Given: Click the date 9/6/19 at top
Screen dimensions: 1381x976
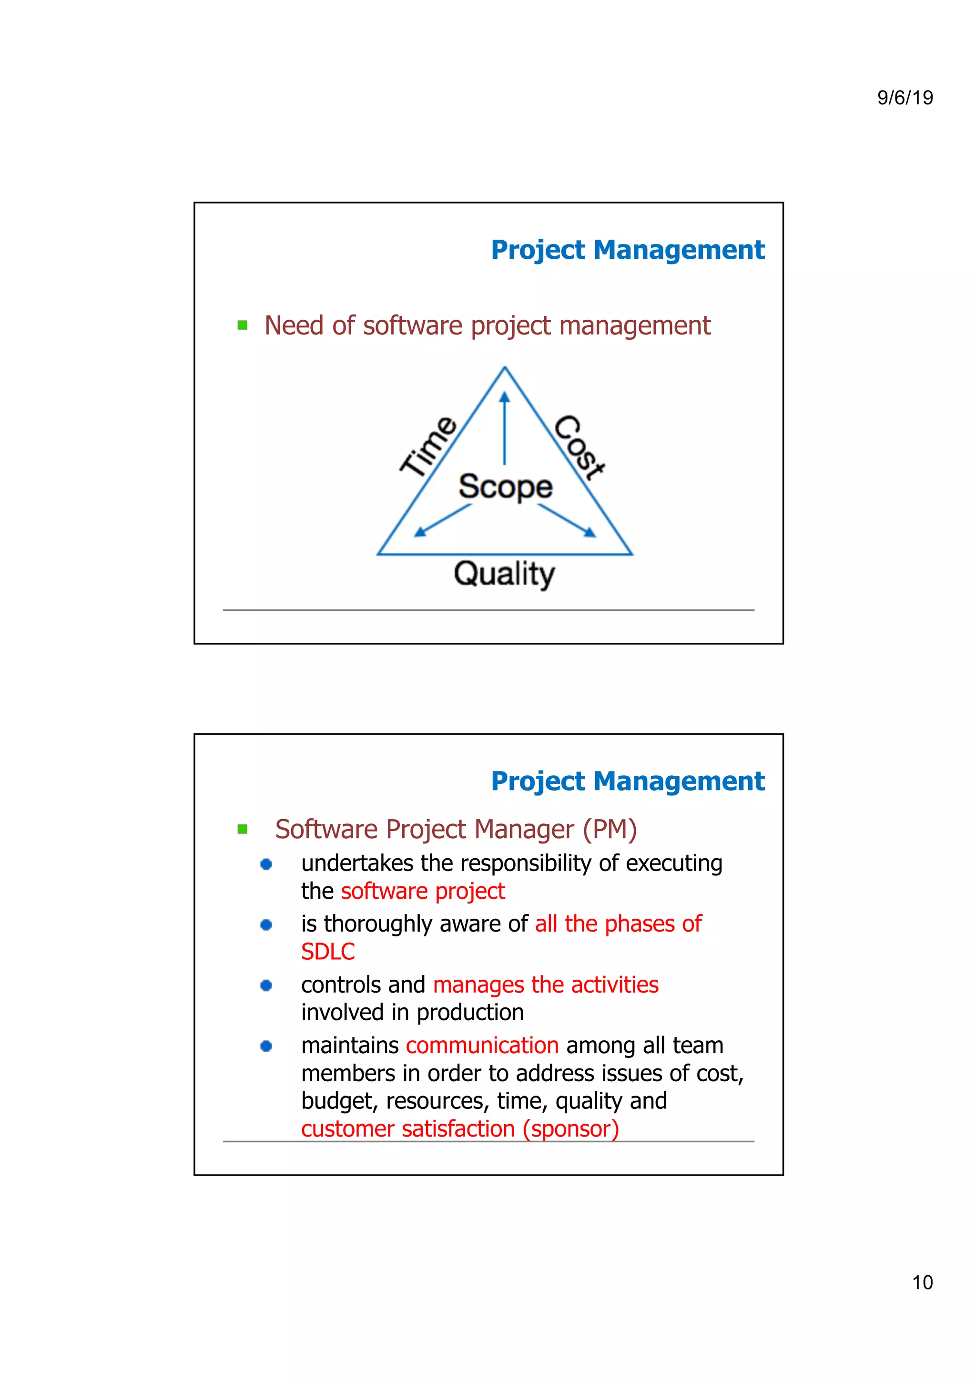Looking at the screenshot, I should tap(905, 97).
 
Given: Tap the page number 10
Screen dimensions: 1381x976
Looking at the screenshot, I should tap(922, 1282).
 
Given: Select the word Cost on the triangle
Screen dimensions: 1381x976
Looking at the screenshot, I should tap(579, 447).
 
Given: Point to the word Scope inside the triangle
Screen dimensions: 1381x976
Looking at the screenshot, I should tap(505, 487).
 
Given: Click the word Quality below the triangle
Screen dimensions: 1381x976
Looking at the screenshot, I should tap(504, 574).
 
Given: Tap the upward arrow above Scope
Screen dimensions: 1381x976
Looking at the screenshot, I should tap(505, 427).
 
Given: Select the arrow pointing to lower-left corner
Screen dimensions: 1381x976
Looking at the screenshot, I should tap(443, 520).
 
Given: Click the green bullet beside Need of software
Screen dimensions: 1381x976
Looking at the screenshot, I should tap(243, 325).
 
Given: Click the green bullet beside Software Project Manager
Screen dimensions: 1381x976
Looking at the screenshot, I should tap(243, 830).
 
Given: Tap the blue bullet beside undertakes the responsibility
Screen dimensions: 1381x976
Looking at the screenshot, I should tap(266, 864).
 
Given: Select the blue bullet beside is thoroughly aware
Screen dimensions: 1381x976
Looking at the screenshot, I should tap(266, 924).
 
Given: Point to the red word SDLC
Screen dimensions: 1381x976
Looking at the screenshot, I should tap(328, 952).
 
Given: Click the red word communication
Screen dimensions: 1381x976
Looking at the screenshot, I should tap(482, 1046).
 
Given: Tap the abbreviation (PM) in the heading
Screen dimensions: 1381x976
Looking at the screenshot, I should tap(609, 830).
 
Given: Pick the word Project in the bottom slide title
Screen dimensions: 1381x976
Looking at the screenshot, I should tap(538, 782).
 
